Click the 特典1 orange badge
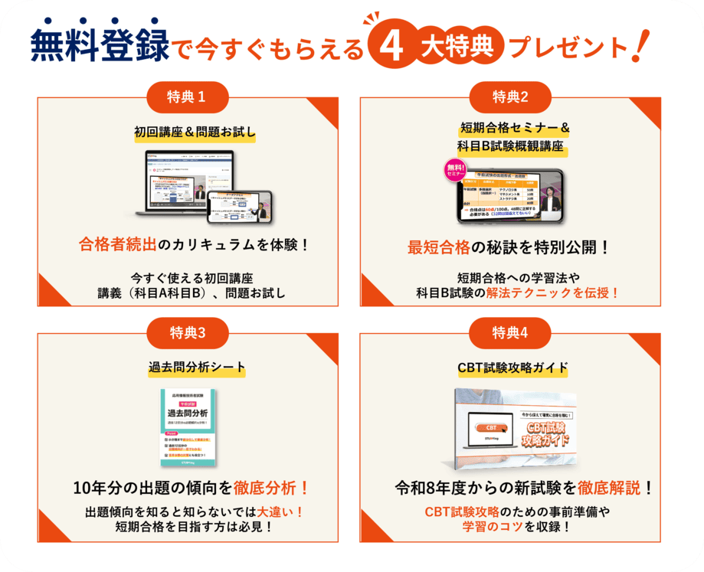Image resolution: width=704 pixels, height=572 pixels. [x=186, y=96]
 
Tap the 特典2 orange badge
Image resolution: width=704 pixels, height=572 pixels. [x=511, y=96]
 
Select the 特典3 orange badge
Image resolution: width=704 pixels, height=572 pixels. [x=186, y=332]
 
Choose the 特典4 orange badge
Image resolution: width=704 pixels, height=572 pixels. [x=511, y=332]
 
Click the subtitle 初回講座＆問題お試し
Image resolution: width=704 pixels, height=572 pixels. [x=186, y=132]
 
